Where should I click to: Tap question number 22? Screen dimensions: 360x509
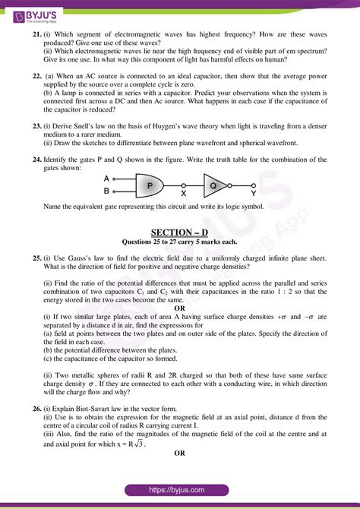point(36,77)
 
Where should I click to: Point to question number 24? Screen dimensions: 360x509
point(36,159)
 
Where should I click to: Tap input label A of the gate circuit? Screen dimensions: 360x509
point(106,179)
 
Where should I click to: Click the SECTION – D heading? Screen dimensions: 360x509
point(179,232)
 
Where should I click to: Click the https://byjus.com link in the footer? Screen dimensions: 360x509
point(179,490)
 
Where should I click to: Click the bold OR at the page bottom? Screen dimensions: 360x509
point(180,454)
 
